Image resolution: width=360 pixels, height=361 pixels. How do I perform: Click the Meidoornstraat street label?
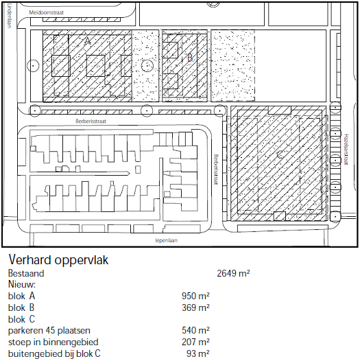point(46,12)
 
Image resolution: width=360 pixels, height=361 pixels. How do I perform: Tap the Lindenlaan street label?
point(10,16)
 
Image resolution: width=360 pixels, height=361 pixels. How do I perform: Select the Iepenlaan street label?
point(167,240)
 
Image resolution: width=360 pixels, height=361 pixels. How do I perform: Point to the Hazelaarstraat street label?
point(346,149)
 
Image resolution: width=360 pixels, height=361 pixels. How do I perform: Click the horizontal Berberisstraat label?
point(91,121)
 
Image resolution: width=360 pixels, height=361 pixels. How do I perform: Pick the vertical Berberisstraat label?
point(216,170)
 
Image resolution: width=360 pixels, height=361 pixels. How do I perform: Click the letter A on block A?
point(87,41)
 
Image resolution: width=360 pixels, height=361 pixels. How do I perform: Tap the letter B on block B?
point(190,58)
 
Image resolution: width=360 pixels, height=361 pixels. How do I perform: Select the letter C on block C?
point(280,154)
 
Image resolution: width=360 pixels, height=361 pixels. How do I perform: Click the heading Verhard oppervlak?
point(58,259)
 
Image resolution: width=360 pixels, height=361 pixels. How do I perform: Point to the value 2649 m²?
point(233,273)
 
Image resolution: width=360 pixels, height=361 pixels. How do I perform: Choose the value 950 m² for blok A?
point(195,296)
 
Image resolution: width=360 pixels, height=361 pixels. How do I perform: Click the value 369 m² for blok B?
point(195,307)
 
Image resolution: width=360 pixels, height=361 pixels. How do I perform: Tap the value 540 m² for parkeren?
point(195,330)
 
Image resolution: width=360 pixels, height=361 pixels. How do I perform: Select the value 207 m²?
point(195,342)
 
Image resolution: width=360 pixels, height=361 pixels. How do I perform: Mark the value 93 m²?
point(198,353)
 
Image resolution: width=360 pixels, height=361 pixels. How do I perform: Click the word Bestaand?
point(26,273)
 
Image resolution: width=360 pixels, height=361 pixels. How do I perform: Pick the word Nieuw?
point(22,284)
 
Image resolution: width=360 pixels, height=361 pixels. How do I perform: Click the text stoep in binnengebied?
point(53,342)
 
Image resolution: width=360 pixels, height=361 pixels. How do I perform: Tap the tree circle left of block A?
point(27,66)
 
